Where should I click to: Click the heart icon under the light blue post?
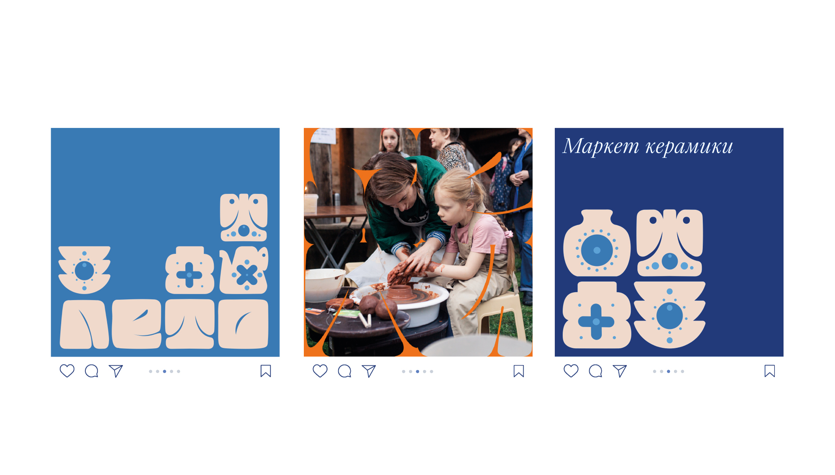point(67,371)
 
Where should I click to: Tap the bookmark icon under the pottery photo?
point(519,371)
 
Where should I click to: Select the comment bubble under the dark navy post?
point(596,371)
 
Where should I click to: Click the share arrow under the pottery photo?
point(369,371)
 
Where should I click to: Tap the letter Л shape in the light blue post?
point(84,324)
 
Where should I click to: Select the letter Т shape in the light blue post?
point(190,324)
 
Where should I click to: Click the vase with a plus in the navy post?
point(597,315)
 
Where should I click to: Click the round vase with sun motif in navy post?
point(597,243)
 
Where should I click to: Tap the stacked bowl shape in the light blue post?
point(84,270)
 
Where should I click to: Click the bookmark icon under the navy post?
point(770,371)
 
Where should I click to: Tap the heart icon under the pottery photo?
point(320,371)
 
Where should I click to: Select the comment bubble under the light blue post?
point(91,371)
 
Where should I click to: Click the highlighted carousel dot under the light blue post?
point(165,371)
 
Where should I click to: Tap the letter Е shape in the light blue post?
point(137,324)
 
